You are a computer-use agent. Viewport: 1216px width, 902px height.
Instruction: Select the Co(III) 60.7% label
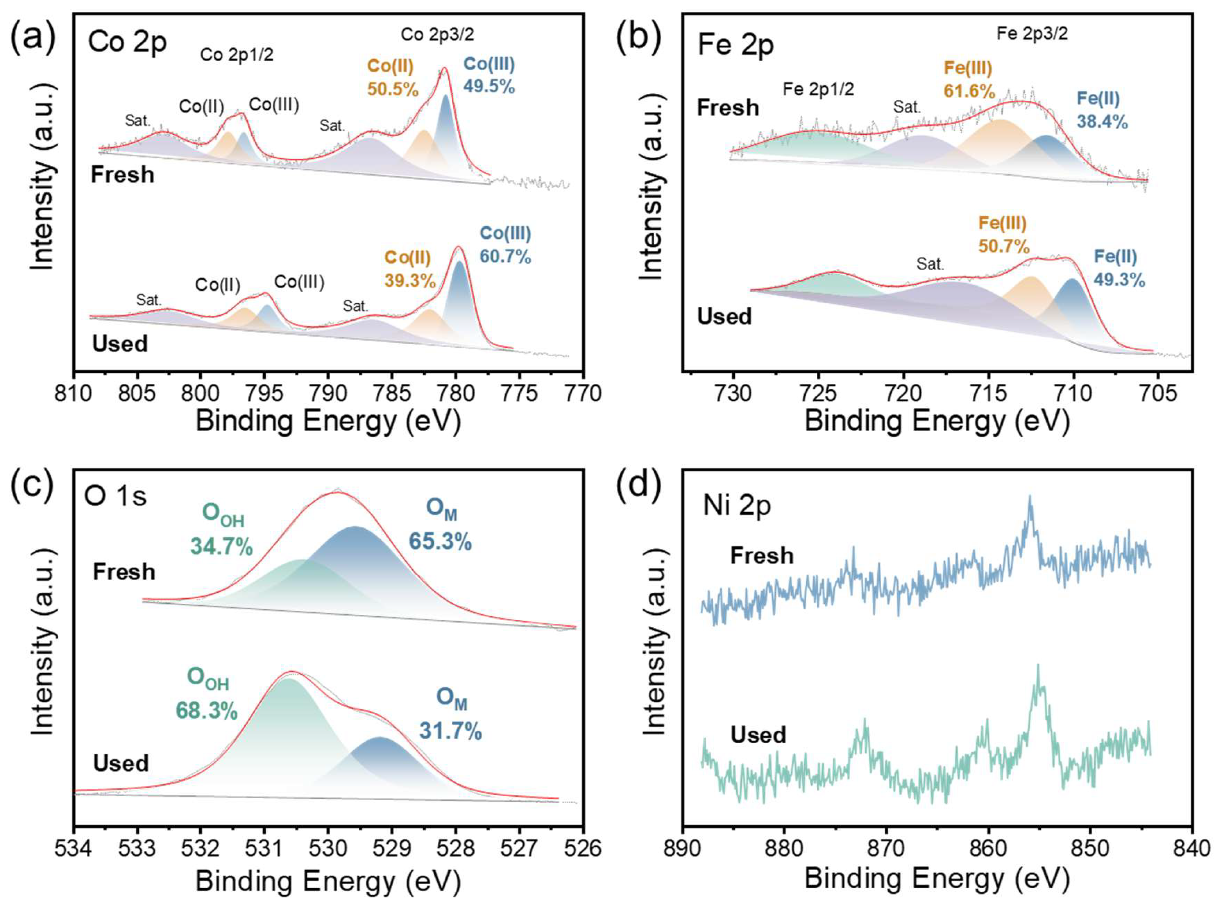point(505,245)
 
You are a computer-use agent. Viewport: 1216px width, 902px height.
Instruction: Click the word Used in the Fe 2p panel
point(724,317)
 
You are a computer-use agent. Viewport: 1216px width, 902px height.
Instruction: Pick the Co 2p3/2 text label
point(437,34)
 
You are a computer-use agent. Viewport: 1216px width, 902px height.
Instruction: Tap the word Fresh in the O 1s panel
point(124,572)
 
